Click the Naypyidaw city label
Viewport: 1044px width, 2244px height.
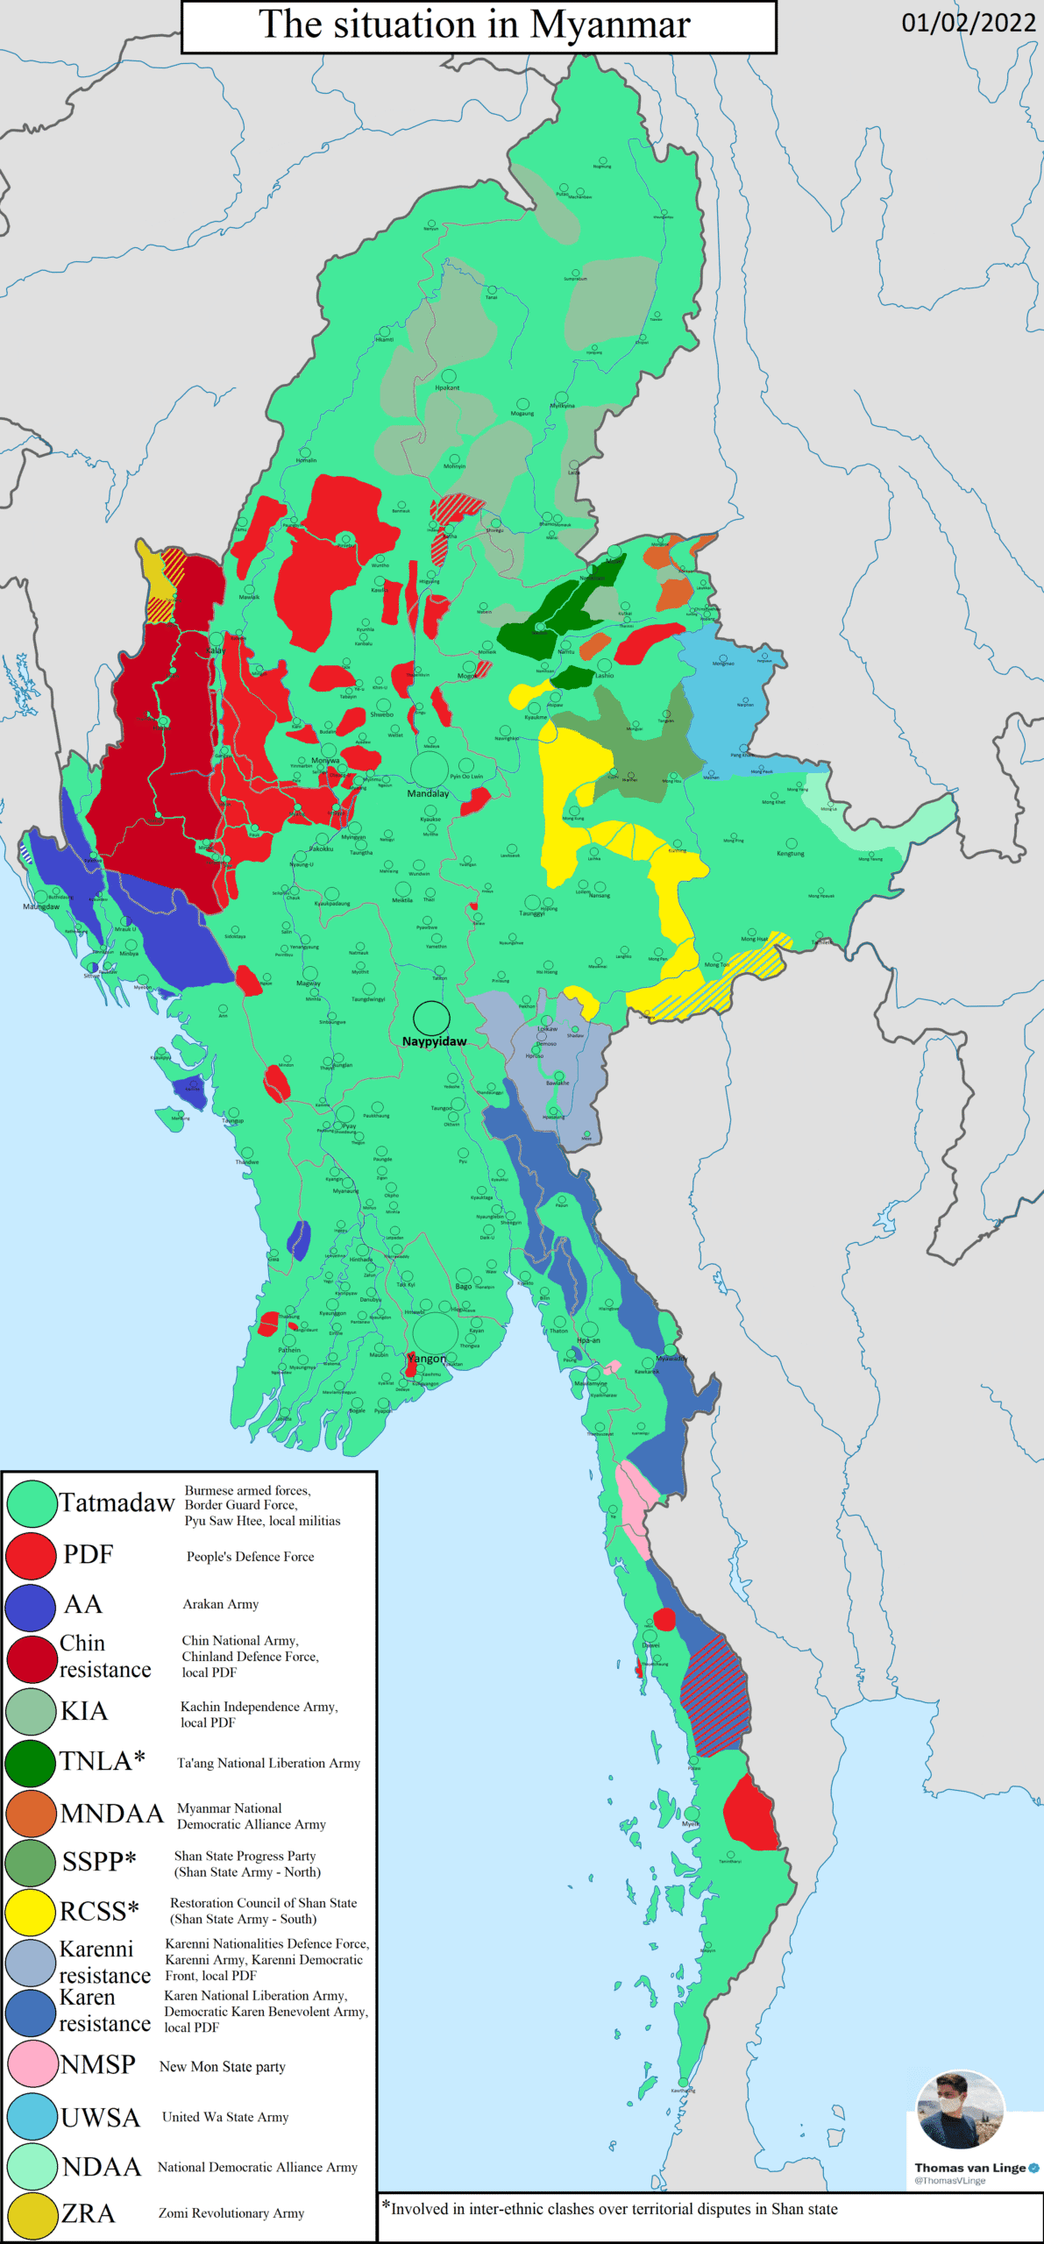click(434, 1041)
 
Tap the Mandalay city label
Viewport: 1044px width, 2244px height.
click(428, 793)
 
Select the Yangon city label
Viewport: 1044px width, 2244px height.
click(427, 1359)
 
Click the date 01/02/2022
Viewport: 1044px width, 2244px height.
click(969, 23)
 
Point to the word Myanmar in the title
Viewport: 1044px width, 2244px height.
click(610, 25)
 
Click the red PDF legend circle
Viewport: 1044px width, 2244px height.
click(32, 1554)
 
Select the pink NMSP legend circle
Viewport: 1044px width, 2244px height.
click(32, 2063)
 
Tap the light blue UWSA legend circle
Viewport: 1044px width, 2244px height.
click(32, 2116)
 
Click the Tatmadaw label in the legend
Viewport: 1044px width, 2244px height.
click(117, 1503)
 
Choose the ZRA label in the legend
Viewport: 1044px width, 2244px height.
click(88, 2213)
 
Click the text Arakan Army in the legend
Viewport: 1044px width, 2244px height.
click(220, 1604)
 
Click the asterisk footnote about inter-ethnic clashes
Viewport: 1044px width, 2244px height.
click(614, 2209)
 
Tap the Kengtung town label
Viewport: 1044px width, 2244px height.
click(790, 853)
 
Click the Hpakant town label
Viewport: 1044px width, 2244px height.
click(447, 387)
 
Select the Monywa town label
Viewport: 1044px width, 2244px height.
click(324, 760)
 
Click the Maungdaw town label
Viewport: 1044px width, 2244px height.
click(41, 906)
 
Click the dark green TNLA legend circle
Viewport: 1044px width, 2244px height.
click(32, 1763)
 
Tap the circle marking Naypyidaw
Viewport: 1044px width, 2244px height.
click(431, 1018)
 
